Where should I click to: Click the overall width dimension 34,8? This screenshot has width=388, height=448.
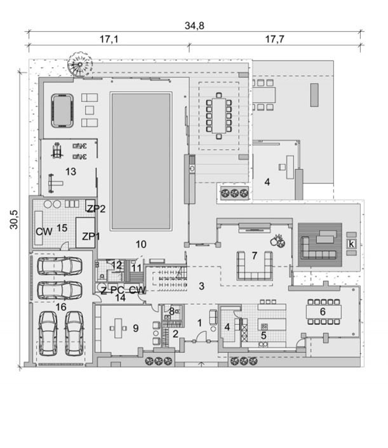194,26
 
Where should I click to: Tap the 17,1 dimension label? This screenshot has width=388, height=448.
109,39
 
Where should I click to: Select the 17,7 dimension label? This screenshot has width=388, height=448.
274,39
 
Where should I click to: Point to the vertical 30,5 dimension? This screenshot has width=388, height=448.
14,220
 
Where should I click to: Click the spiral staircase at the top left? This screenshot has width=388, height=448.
80,64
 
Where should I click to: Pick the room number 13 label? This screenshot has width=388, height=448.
70,171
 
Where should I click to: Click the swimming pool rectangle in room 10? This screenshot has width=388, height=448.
141,161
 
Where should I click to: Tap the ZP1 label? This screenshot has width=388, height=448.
91,236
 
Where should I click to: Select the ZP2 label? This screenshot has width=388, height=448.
96,209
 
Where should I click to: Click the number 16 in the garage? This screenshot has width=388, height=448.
61,307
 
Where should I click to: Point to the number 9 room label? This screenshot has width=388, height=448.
136,328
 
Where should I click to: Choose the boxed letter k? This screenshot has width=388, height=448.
351,244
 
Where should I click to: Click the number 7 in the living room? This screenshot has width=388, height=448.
255,256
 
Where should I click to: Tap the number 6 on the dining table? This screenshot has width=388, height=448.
323,312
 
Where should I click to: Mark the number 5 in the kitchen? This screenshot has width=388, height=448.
264,336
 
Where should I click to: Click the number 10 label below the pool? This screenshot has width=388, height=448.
141,244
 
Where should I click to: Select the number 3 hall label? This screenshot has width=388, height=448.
201,286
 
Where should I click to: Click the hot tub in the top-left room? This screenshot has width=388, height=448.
62,110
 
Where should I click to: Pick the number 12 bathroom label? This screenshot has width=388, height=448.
117,265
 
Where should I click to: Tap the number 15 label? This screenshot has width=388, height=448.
62,228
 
